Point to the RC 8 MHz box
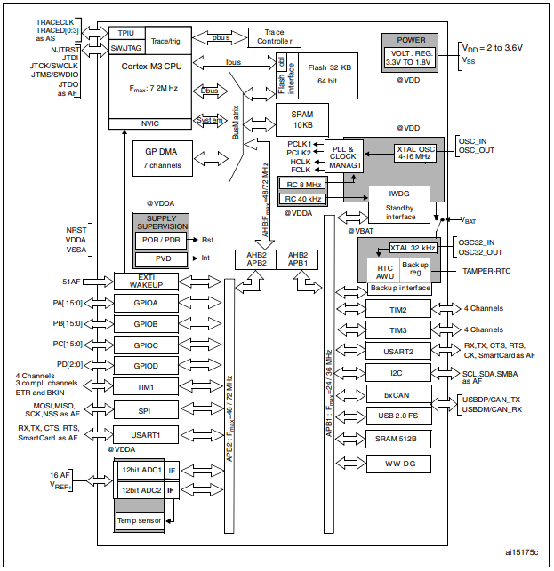302,184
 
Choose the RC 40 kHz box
302,198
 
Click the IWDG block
399,193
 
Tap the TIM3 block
397,330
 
